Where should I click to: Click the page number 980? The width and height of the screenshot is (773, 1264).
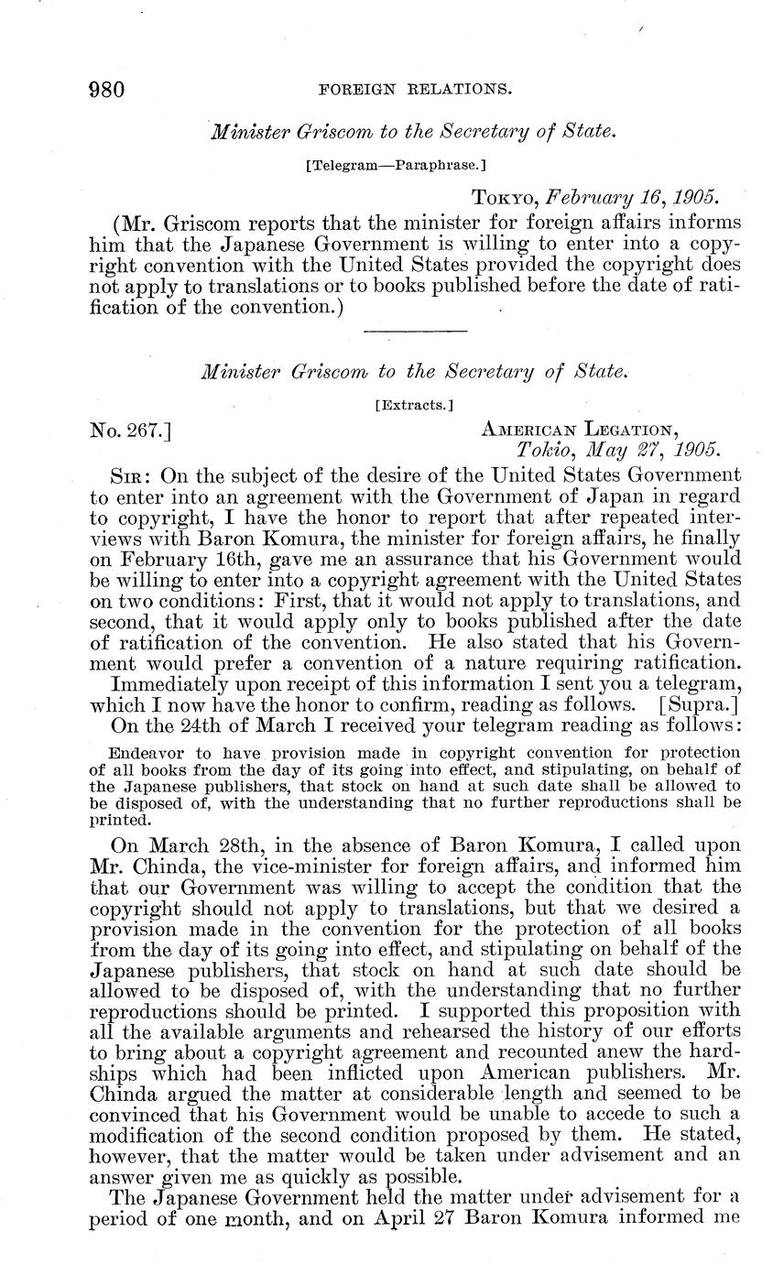[x=106, y=89]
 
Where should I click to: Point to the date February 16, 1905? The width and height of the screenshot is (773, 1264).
[x=635, y=198]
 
